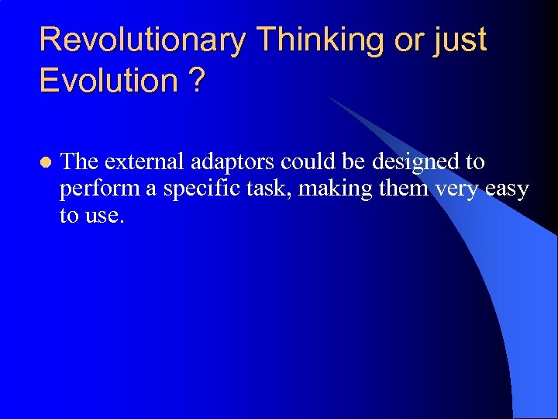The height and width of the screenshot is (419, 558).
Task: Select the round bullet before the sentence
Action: pyautogui.click(x=45, y=163)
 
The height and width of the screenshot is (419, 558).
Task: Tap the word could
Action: pyautogui.click(x=306, y=162)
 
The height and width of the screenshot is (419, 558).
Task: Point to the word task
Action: pyautogui.click(x=266, y=189)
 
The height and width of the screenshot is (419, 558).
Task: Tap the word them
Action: pyautogui.click(x=402, y=189)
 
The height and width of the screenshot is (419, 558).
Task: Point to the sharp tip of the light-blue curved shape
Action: pyautogui.click(x=329, y=97)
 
